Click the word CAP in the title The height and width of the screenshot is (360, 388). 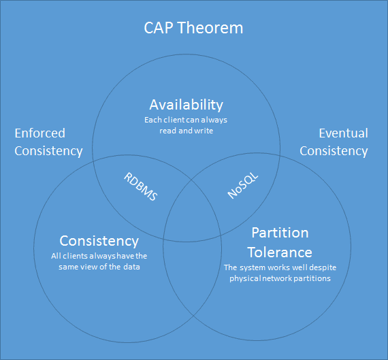pos(159,28)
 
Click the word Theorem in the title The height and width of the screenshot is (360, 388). pos(210,28)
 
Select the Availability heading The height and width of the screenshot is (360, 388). pos(186,105)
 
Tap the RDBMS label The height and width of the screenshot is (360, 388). pos(140,186)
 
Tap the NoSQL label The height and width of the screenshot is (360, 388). pos(242,185)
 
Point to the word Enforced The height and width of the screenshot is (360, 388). pos(40,133)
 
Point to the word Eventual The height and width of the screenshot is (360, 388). pos(343,133)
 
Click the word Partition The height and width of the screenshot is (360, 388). pos(280,233)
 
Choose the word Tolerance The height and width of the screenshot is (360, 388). pos(280,252)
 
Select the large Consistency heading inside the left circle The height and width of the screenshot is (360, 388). pos(99,241)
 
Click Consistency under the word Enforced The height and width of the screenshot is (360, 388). pos(48,151)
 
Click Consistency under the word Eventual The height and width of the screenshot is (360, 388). pos(334,151)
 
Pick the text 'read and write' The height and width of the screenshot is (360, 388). pos(186,131)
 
